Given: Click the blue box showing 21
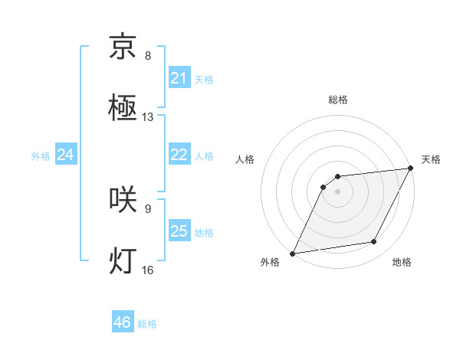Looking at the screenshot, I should pyautogui.click(x=179, y=78).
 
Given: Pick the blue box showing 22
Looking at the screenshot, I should pyautogui.click(x=179, y=155).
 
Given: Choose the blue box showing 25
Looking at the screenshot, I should pyautogui.click(x=179, y=231).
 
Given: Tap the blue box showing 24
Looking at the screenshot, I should pyautogui.click(x=66, y=155).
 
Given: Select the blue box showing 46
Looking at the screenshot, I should pyautogui.click(x=123, y=322).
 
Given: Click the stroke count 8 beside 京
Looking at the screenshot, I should pyautogui.click(x=148, y=56).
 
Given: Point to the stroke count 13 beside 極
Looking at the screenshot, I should pyautogui.click(x=148, y=117).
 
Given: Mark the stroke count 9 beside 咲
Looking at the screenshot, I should pyautogui.click(x=148, y=208).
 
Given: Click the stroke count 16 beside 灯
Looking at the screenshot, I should pyautogui.click(x=148, y=270).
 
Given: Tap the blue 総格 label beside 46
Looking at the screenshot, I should pyautogui.click(x=147, y=324).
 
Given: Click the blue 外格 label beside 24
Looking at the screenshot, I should pyautogui.click(x=41, y=156).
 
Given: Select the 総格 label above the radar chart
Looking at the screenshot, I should pyautogui.click(x=338, y=100).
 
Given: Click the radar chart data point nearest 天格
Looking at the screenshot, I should pyautogui.click(x=411, y=169).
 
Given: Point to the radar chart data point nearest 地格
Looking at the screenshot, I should pyautogui.click(x=374, y=242).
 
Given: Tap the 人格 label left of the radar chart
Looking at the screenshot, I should pyautogui.click(x=245, y=159).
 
